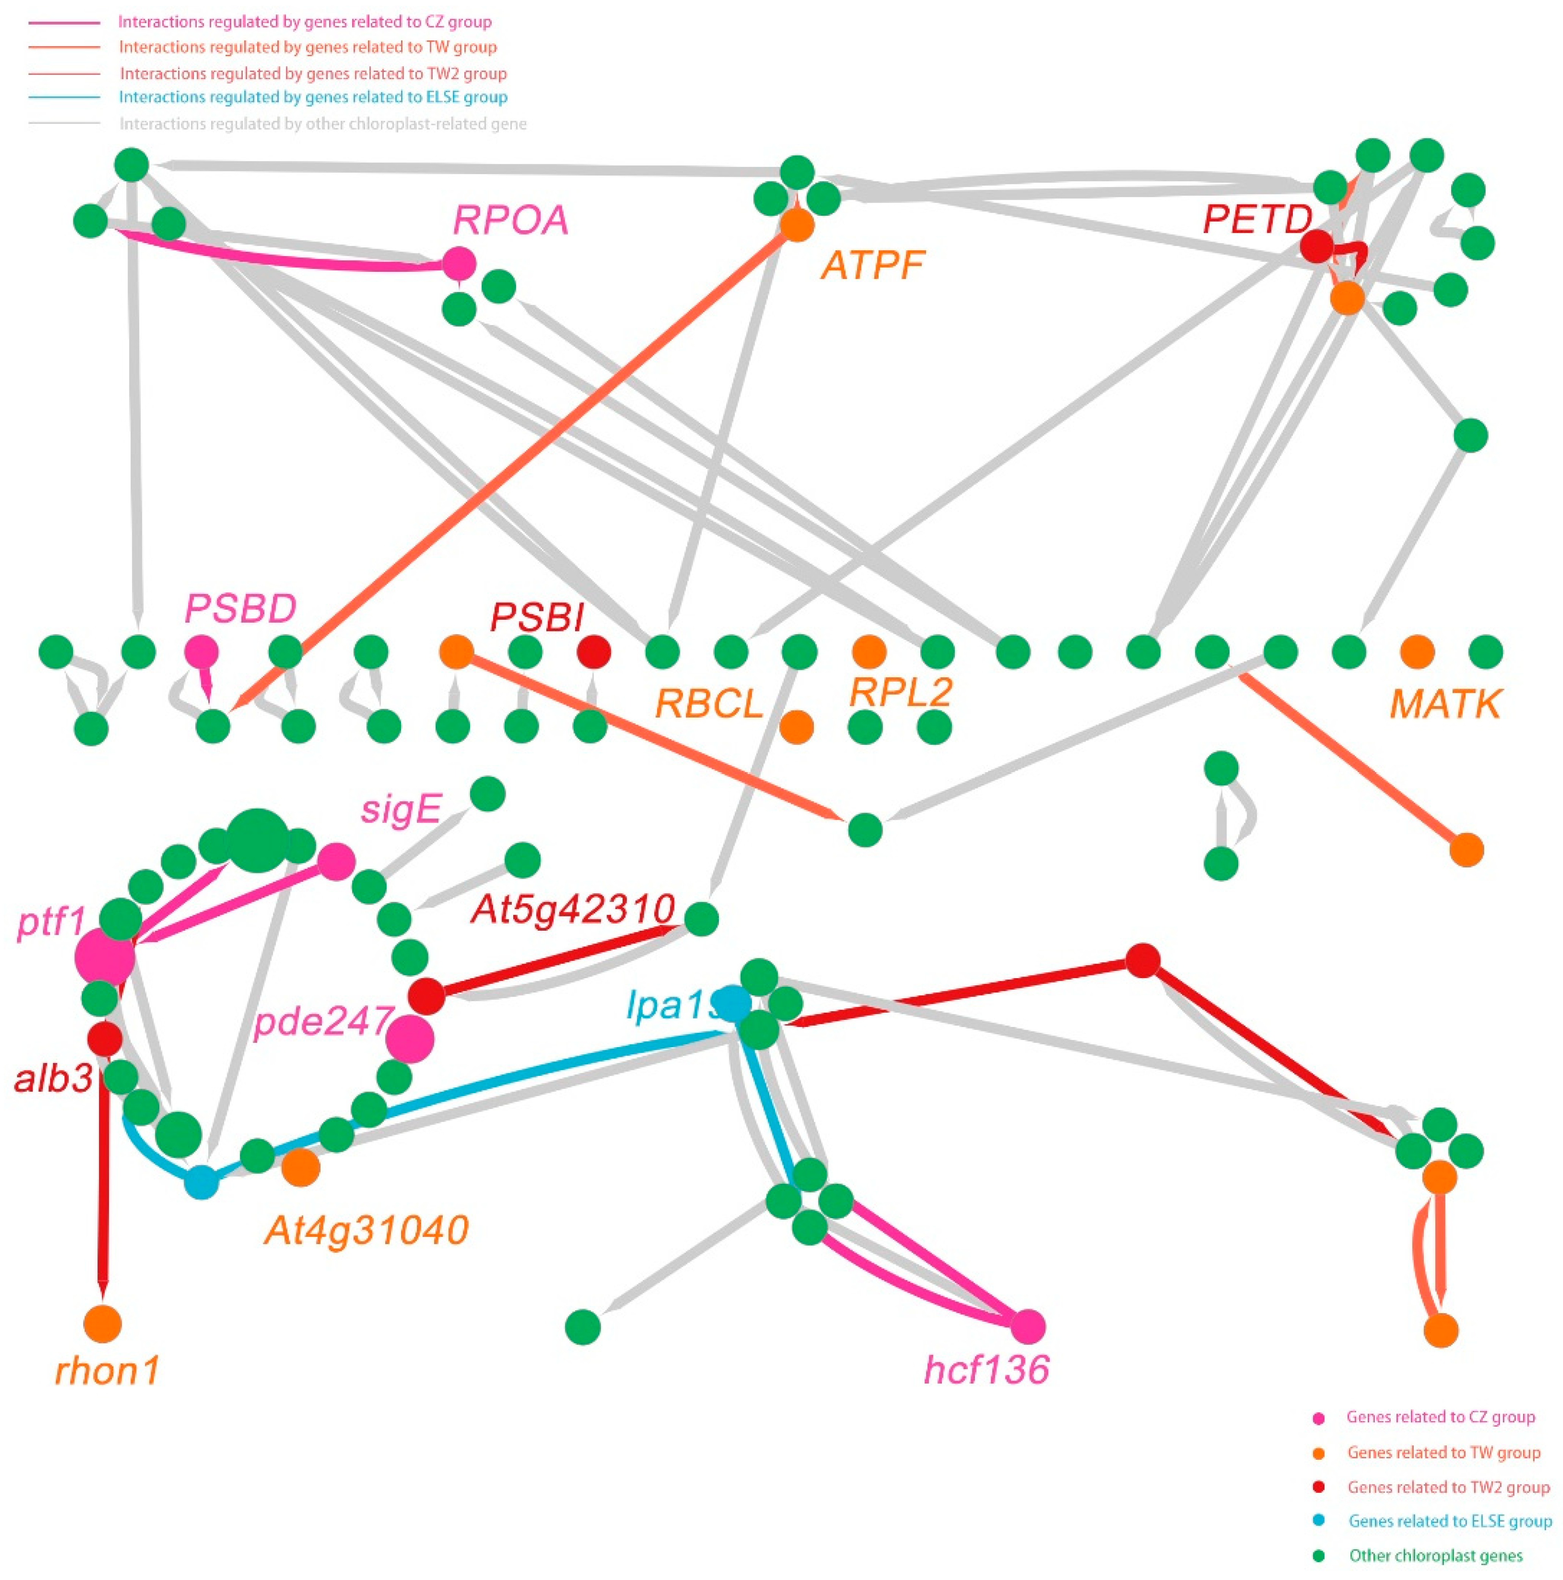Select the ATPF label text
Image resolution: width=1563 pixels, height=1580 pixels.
coord(873,265)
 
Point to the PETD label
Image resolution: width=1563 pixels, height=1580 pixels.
coord(1257,219)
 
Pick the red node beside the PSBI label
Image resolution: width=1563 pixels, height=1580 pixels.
coord(594,652)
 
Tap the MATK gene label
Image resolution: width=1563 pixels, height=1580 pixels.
coord(1445,703)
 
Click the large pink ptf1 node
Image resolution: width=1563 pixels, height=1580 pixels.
coord(105,957)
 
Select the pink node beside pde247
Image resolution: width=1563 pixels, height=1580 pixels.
coord(410,1039)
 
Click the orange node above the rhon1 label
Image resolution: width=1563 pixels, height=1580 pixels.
coord(102,1322)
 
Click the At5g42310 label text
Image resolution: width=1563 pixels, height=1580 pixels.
coord(572,908)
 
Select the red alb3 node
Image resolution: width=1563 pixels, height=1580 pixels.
coord(105,1039)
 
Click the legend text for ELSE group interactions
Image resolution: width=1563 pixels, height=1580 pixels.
coord(313,97)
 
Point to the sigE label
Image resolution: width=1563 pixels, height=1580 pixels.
coord(401,810)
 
